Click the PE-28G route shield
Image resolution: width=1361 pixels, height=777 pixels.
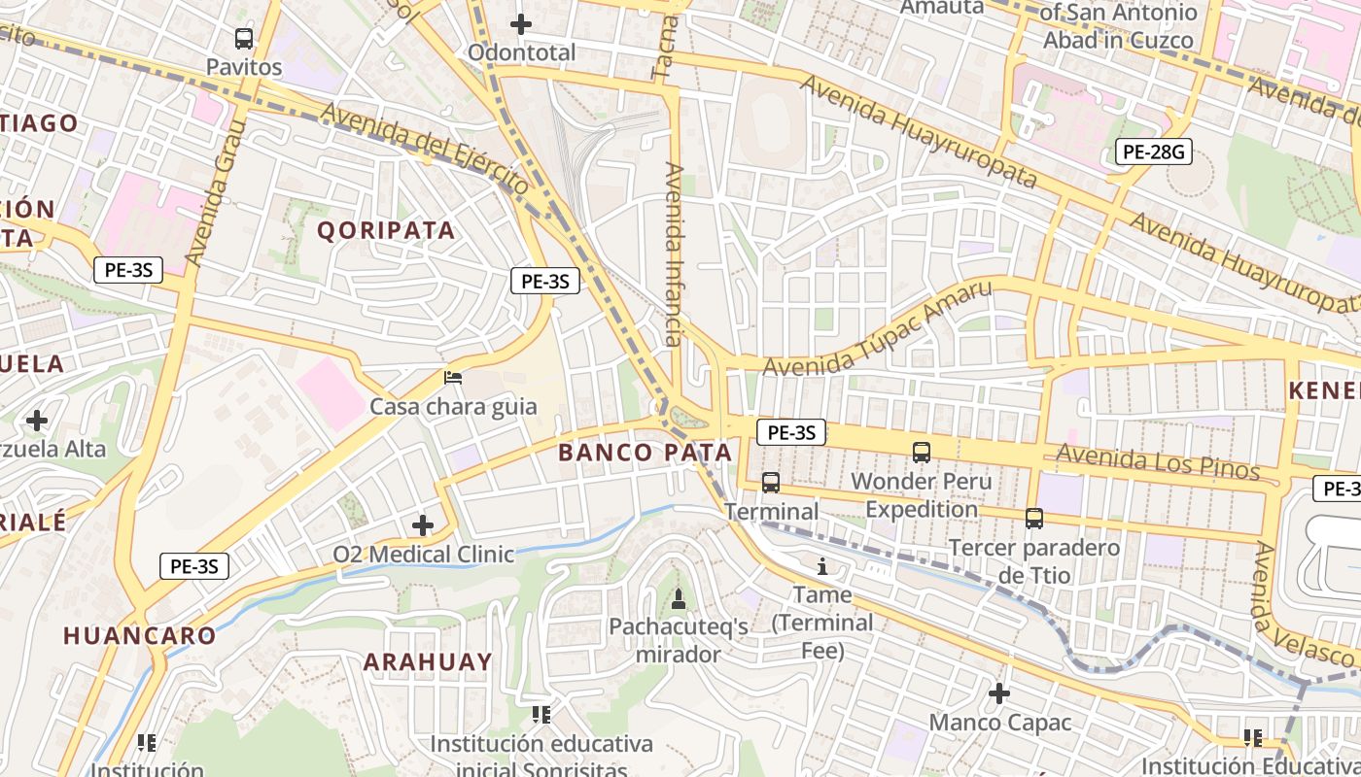pyautogui.click(x=1153, y=152)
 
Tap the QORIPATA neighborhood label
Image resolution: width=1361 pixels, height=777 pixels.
pyautogui.click(x=386, y=230)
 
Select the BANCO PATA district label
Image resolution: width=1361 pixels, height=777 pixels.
pyautogui.click(x=645, y=452)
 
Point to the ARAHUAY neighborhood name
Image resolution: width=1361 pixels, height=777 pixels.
pyautogui.click(x=428, y=661)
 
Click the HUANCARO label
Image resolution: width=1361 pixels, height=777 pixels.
pyautogui.click(x=140, y=636)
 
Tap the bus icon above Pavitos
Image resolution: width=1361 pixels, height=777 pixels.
pyautogui.click(x=244, y=39)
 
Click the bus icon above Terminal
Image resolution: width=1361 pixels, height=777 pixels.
pyautogui.click(x=771, y=482)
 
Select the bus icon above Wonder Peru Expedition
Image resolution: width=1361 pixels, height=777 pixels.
pyautogui.click(x=921, y=452)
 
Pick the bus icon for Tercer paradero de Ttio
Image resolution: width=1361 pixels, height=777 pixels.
pyautogui.click(x=1034, y=519)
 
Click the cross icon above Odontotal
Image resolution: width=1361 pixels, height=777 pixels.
pyautogui.click(x=521, y=24)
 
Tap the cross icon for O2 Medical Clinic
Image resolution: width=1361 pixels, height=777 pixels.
pyautogui.click(x=423, y=525)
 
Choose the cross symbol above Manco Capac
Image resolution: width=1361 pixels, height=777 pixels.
pyautogui.click(x=999, y=693)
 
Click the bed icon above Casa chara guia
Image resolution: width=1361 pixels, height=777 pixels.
pyautogui.click(x=453, y=378)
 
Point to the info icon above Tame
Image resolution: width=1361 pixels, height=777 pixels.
pyautogui.click(x=822, y=566)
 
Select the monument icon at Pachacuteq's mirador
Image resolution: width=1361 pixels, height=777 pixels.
pyautogui.click(x=679, y=597)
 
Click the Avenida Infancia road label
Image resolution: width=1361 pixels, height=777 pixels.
pyautogui.click(x=674, y=254)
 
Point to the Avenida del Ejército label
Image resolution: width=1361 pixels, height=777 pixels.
pyautogui.click(x=425, y=149)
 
